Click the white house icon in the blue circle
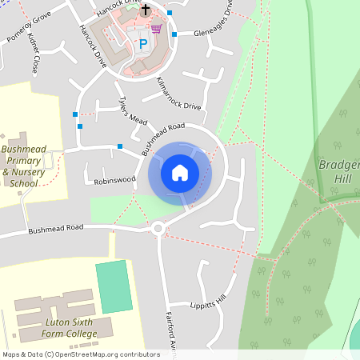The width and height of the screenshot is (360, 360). [x=180, y=173]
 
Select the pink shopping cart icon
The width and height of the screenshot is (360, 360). [x=156, y=29]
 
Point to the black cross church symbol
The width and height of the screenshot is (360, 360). [x=146, y=11]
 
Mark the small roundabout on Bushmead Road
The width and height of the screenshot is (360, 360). [x=158, y=230]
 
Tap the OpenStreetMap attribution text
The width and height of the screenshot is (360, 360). [x=81, y=354]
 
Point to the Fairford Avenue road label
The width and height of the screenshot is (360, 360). [x=170, y=328]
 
